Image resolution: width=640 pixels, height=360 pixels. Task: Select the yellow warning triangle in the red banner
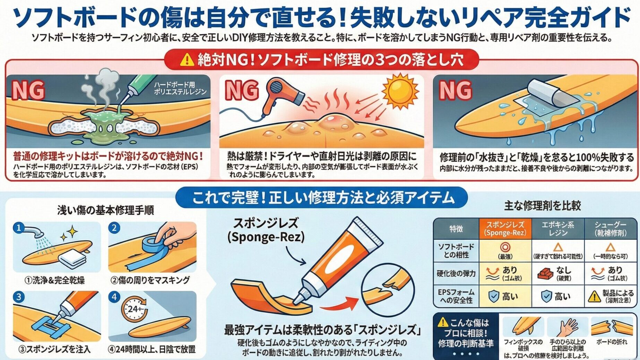(x=187, y=60)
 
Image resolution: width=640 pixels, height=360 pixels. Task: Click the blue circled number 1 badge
(x=19, y=228)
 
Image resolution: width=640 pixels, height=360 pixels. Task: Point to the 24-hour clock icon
(x=134, y=308)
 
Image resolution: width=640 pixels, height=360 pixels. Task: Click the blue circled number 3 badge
(x=19, y=297)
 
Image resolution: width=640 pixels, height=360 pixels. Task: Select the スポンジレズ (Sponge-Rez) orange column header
(x=505, y=229)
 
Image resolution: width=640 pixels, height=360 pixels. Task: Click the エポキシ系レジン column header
(x=558, y=229)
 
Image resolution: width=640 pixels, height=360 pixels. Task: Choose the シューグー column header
(x=611, y=229)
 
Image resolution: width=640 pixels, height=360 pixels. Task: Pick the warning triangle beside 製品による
(x=594, y=296)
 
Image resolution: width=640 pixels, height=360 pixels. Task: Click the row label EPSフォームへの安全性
(x=456, y=296)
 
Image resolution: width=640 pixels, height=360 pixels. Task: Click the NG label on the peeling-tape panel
(x=455, y=90)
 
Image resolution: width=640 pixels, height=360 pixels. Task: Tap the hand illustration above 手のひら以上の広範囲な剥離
(x=567, y=327)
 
